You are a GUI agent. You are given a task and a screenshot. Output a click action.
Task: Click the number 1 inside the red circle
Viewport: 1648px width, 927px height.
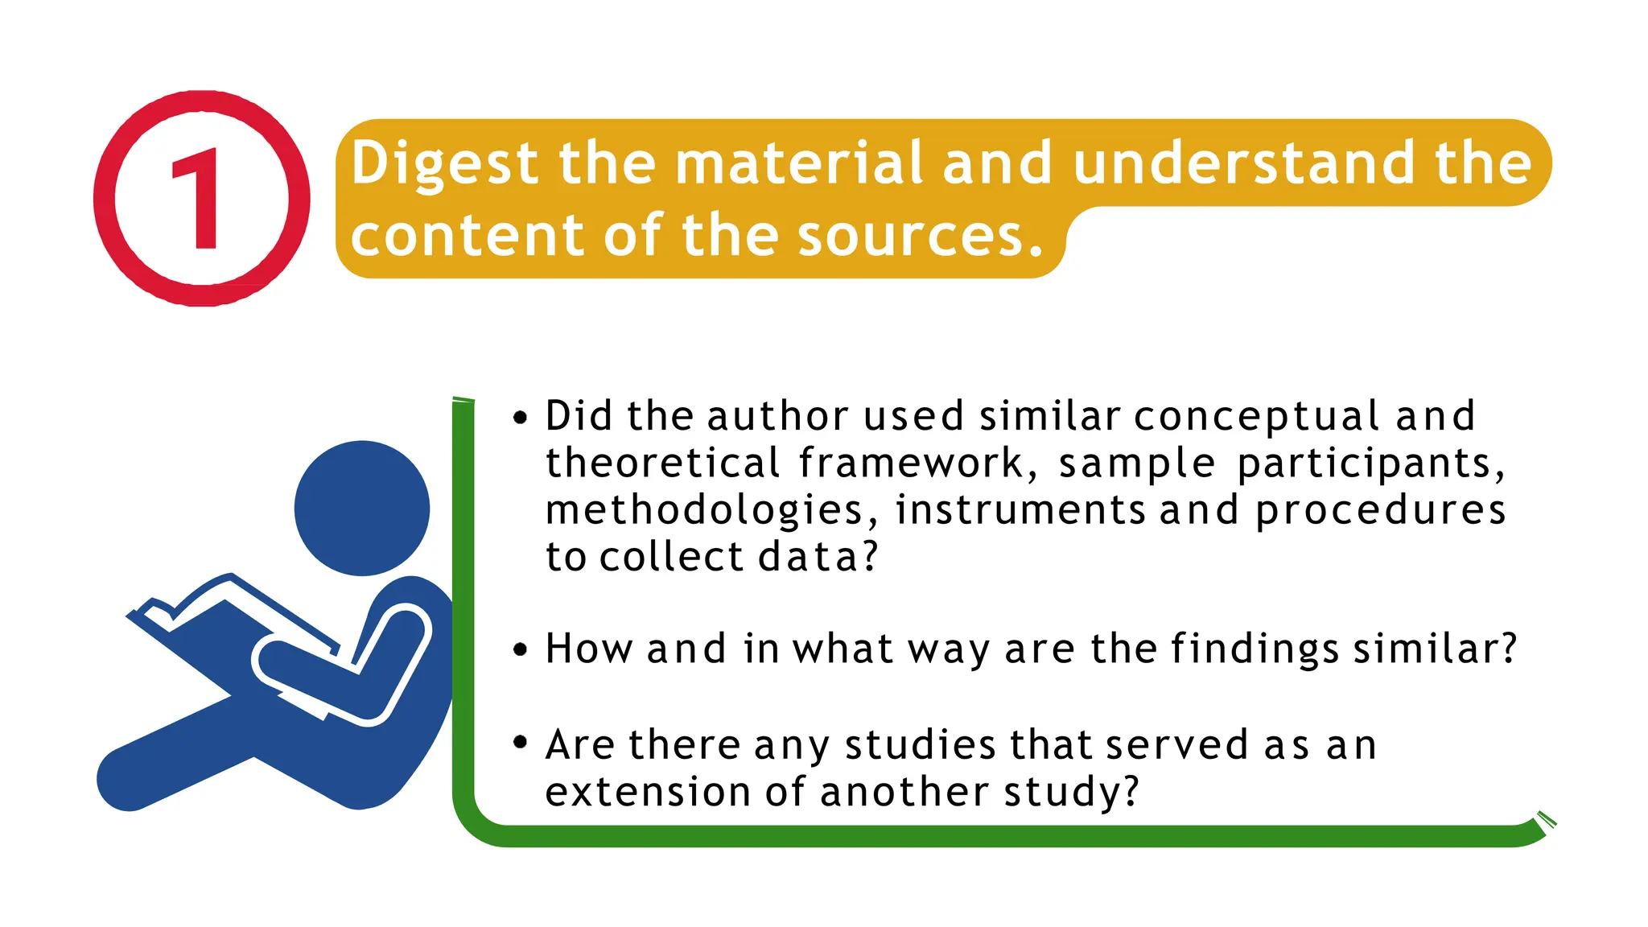198,199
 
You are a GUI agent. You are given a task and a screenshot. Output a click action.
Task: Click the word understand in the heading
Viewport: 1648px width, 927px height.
1243,163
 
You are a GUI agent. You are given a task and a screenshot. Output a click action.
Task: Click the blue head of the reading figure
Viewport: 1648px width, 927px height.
362,508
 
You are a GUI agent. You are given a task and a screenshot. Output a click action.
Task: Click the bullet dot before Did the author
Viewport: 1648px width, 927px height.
521,418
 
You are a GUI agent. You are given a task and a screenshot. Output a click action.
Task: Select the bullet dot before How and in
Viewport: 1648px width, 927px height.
521,649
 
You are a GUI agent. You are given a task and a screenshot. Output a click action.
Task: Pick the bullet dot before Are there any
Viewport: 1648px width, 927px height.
521,742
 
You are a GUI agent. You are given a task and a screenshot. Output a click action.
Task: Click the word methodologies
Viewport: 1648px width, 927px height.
705,511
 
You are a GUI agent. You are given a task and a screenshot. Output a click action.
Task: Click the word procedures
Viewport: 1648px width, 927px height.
1380,511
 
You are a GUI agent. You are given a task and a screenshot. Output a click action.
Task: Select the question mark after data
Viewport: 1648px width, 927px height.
870,556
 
